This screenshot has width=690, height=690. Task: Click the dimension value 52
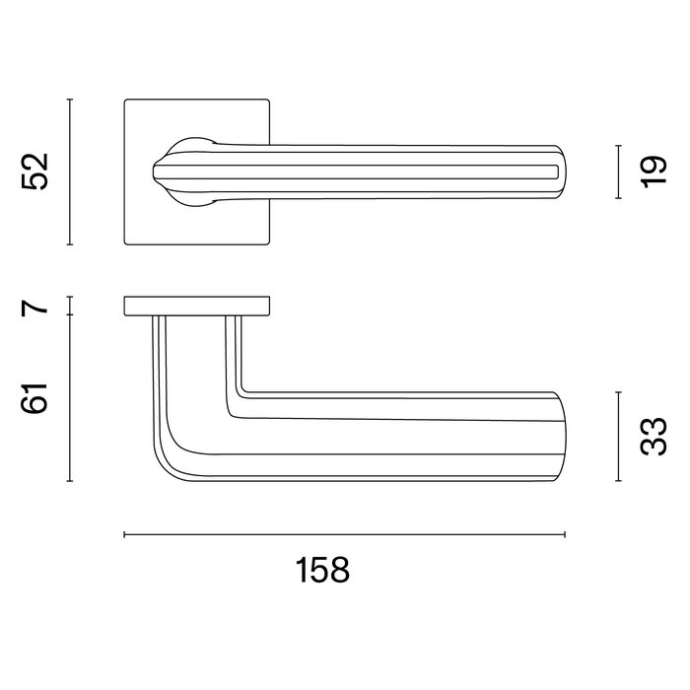coord(36,172)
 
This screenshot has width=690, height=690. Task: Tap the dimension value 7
coord(36,306)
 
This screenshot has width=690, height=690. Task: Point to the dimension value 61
coord(36,398)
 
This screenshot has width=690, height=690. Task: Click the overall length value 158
coord(322,571)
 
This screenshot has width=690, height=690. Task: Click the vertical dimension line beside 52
coord(70,172)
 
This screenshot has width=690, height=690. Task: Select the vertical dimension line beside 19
coord(617,172)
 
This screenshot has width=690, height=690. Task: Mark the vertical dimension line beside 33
coord(617,437)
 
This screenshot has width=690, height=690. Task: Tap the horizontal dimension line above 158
coord(344,535)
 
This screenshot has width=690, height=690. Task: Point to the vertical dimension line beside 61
coord(70,398)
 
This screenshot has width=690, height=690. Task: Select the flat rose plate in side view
coord(197,306)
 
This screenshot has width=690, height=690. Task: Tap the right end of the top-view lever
coord(560,173)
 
